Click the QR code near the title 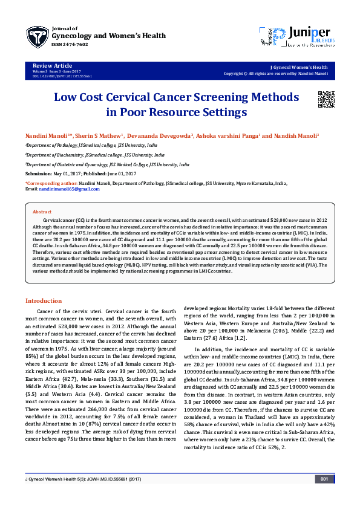(x=326, y=99)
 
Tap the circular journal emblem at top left (x=37, y=37)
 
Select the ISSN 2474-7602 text (x=71, y=44)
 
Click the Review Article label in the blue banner (x=52, y=65)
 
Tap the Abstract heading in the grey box (x=42, y=212)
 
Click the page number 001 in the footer (x=324, y=479)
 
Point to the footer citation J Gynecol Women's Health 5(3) (x=75, y=479)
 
